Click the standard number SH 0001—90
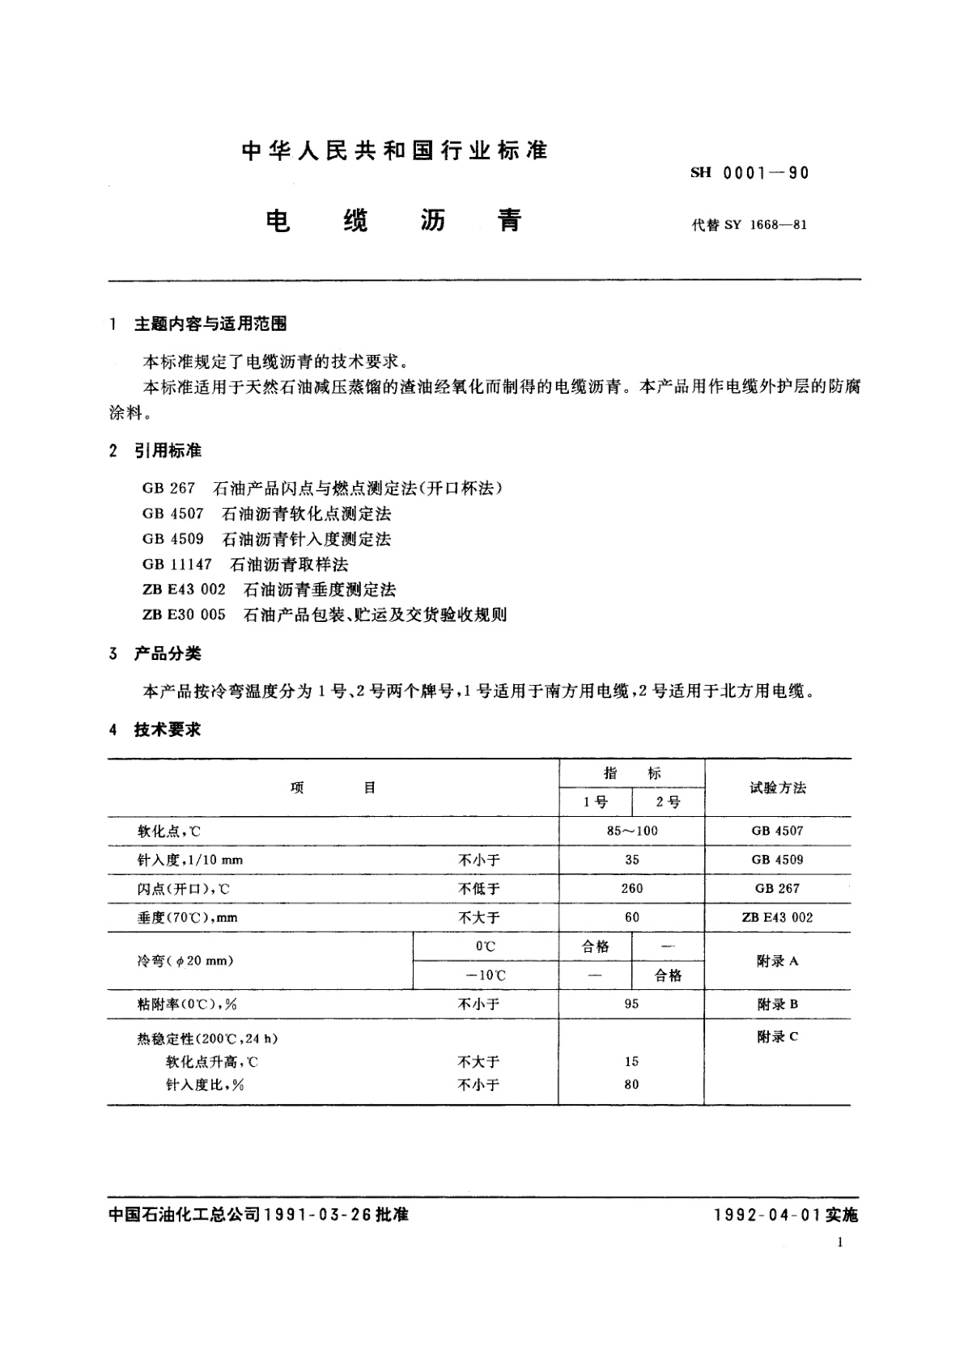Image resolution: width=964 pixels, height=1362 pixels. coord(749,172)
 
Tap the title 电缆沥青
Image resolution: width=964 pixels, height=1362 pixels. coord(394,221)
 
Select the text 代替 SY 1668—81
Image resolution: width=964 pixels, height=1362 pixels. coord(749,225)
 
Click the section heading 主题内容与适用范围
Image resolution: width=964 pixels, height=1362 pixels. coord(210,324)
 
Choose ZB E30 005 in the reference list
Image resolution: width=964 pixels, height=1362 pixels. coord(184,615)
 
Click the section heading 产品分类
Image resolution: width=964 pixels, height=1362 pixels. coord(168,654)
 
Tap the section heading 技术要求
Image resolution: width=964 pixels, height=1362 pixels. coord(168,730)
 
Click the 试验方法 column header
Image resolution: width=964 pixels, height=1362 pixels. coord(778,788)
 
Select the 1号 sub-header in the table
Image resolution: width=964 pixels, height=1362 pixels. coord(596,802)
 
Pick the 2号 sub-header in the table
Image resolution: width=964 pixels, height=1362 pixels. coord(668,802)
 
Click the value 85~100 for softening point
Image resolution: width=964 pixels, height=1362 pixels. coord(631,831)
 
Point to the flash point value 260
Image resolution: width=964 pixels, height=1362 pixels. coord(631,888)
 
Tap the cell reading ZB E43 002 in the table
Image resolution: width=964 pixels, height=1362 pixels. coord(777,917)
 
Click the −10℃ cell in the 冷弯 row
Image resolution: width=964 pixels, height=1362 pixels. coord(486,975)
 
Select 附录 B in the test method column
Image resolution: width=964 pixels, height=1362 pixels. coord(777,1004)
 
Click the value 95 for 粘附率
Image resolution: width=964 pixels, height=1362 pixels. coord(631,1004)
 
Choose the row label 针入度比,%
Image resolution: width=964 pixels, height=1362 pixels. coord(205,1085)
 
